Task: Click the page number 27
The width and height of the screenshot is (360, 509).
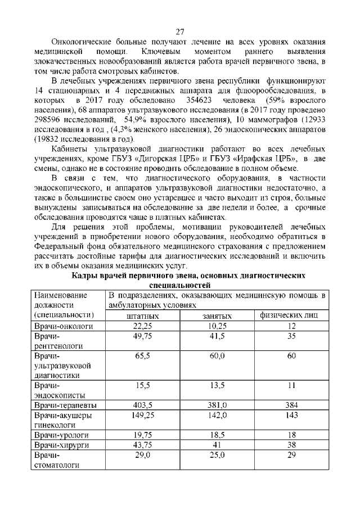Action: click(180, 31)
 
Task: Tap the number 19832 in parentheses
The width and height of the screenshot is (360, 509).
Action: click(52, 138)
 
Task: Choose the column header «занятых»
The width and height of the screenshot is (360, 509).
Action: click(217, 317)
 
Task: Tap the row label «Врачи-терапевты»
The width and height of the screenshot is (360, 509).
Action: click(65, 405)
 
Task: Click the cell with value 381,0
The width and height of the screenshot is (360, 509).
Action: click(217, 405)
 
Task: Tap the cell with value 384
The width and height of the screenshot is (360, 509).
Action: click(291, 405)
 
